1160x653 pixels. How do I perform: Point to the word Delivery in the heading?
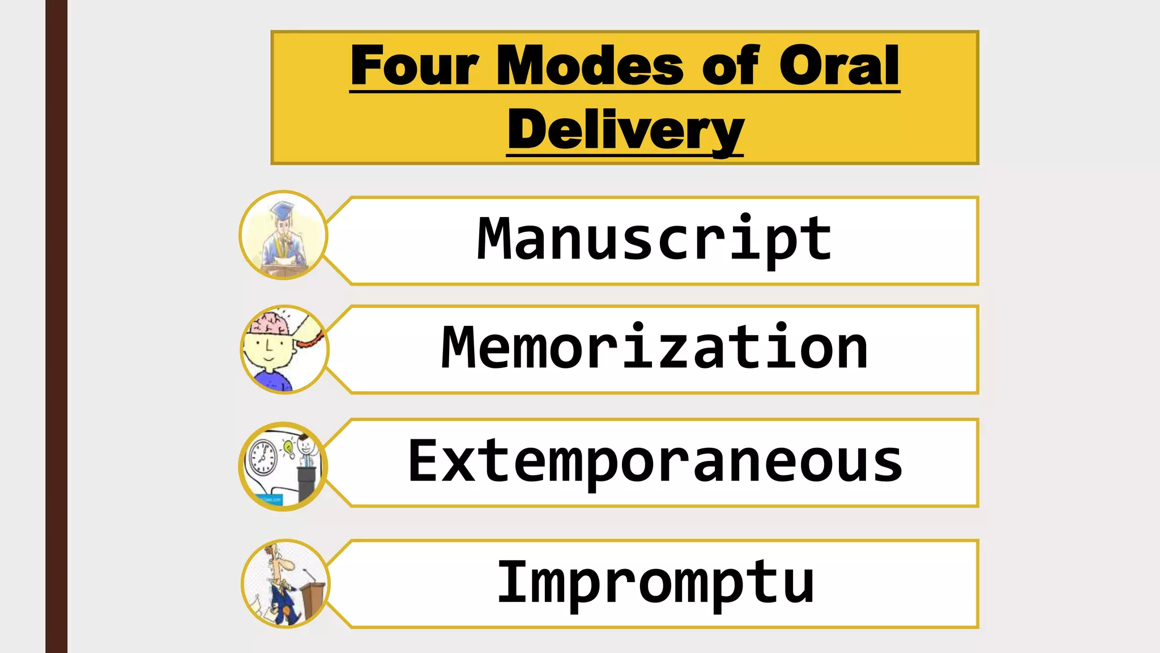coord(625,130)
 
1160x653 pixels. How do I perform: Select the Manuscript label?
coord(654,240)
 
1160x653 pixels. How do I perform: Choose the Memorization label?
coord(654,348)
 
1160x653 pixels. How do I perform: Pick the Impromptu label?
coord(654,582)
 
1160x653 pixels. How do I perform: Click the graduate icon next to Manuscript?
coord(283,235)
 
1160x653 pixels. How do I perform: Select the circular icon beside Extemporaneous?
coord(283,466)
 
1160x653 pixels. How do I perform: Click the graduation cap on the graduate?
coord(282,210)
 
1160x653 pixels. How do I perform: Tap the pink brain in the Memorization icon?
coord(271,324)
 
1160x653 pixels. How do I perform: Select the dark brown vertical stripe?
coord(56,326)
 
